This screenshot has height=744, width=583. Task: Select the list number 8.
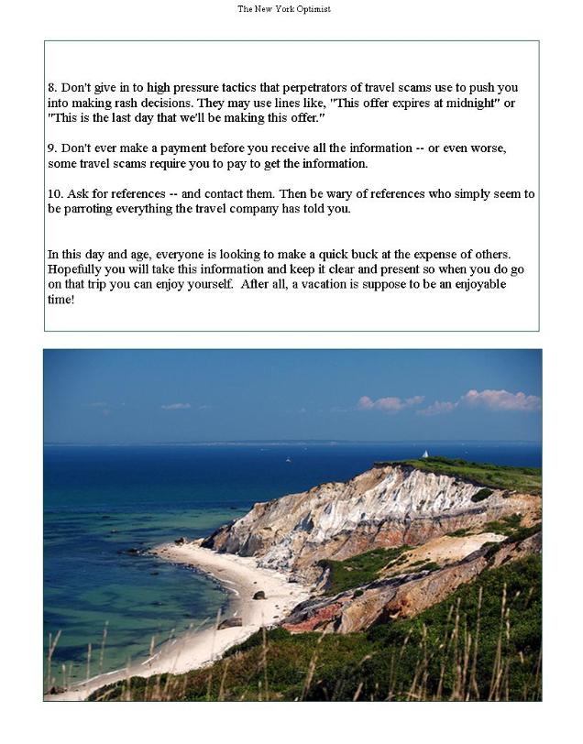51,88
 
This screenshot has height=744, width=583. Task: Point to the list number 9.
51,148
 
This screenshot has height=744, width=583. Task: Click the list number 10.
54,194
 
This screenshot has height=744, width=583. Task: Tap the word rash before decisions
129,104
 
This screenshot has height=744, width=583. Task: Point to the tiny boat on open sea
287,459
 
